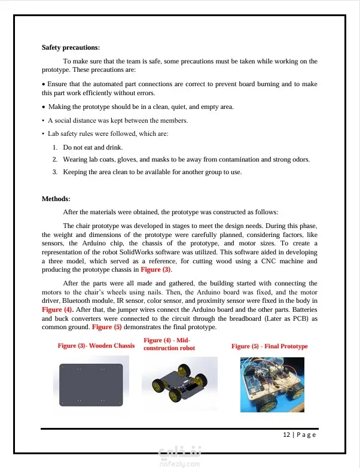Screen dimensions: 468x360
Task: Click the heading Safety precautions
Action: point(71,47)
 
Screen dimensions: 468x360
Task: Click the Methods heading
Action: point(56,199)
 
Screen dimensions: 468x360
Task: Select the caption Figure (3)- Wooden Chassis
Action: point(96,346)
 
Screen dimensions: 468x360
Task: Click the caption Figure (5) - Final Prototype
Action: point(269,347)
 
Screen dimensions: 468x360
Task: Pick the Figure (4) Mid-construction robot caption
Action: point(170,344)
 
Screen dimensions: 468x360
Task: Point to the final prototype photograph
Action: point(272,385)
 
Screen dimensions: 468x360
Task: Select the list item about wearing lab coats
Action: point(185,160)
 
